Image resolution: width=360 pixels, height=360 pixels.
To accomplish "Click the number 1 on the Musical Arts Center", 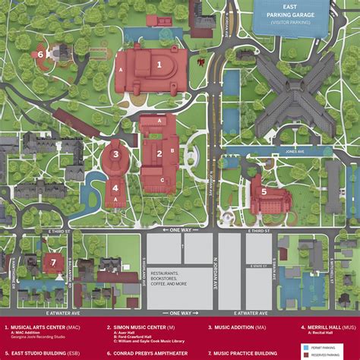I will [x=159, y=65].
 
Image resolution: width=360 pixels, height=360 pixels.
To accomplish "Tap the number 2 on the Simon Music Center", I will [x=160, y=152].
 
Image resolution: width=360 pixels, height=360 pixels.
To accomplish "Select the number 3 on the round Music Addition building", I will [x=115, y=153].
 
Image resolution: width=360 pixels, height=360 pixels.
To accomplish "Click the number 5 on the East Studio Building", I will [x=264, y=192].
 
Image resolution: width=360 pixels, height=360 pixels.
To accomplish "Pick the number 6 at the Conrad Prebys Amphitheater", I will [x=40, y=54].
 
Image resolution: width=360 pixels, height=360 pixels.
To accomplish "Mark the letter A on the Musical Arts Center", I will [x=121, y=69].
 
